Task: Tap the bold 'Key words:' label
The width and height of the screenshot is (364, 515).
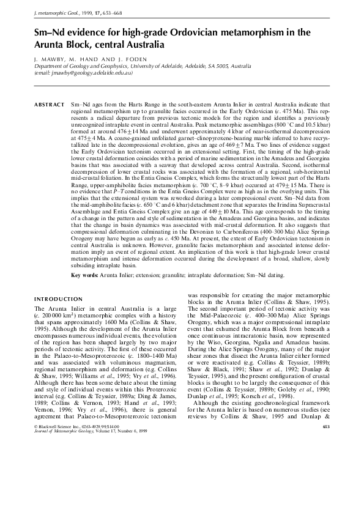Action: point(86,275)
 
